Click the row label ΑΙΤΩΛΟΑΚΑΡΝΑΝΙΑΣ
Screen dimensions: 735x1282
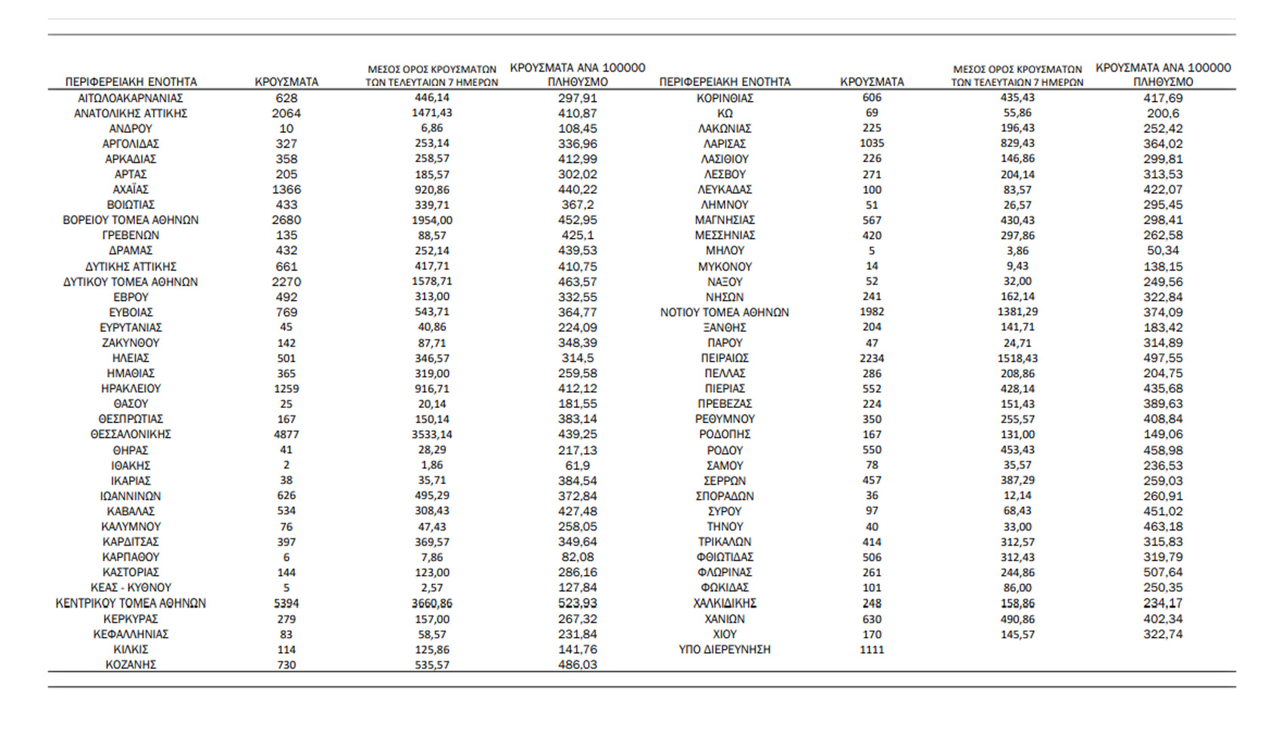[130, 98]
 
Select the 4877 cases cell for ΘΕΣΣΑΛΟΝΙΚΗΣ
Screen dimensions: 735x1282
[287, 434]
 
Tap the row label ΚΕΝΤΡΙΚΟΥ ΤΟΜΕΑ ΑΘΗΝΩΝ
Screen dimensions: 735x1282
[130, 603]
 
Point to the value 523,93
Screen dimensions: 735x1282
[578, 603]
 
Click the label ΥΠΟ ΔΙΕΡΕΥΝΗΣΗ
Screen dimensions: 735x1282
[724, 649]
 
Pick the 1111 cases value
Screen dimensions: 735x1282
[872, 649]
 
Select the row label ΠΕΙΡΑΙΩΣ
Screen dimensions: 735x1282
[724, 358]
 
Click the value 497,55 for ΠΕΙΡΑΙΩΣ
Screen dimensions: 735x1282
[1163, 358]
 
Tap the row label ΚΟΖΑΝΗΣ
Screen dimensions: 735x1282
[130, 665]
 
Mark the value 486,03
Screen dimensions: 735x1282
[578, 665]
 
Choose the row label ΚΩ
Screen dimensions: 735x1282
[724, 113]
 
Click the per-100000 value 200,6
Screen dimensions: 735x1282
[1163, 113]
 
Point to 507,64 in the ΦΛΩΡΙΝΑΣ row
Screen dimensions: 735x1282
[1163, 572]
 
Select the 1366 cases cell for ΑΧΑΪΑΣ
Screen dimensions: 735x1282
[287, 189]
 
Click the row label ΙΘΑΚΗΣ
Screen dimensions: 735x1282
[130, 465]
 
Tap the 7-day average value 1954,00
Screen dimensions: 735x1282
[432, 220]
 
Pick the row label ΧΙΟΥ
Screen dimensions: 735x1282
[724, 634]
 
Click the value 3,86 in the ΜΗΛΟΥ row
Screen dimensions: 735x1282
[1017, 250]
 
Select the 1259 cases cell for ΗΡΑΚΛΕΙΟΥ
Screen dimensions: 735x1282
[287, 388]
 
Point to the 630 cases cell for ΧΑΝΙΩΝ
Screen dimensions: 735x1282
[872, 619]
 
